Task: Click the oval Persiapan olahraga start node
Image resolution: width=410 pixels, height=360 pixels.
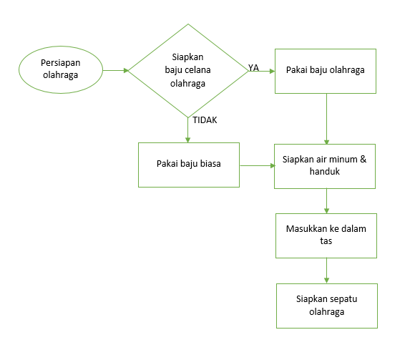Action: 60,70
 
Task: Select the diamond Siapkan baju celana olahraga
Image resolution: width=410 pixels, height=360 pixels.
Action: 188,70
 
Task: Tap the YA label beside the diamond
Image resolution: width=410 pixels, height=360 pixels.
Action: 253,67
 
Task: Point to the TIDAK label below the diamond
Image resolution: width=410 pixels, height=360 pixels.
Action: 205,120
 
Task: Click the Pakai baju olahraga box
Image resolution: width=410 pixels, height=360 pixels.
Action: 326,70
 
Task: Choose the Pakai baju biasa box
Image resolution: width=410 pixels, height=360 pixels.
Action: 188,164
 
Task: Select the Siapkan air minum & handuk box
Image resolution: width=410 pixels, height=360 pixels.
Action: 325,166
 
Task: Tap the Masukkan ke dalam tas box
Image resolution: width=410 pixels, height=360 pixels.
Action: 326,235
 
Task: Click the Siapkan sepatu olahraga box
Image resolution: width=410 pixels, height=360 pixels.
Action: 326,306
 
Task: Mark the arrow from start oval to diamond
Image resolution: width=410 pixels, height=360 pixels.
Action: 116,71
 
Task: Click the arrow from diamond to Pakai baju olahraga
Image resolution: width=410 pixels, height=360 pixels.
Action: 260,72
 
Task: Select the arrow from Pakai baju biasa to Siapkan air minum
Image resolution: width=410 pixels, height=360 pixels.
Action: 257,166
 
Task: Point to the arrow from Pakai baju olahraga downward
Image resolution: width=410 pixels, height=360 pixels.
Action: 326,118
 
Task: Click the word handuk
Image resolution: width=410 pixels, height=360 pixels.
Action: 325,172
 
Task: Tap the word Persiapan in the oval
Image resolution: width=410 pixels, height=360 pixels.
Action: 60,63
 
